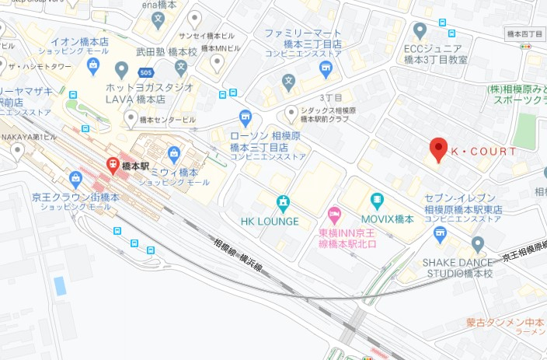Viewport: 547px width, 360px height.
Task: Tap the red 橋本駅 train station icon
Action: (113, 165)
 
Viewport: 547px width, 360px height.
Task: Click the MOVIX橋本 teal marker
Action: (378, 201)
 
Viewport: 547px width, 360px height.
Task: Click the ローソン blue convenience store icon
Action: (246, 117)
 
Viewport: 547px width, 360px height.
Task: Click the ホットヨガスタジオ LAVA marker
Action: (121, 70)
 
